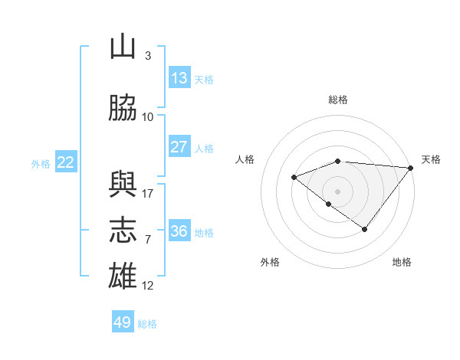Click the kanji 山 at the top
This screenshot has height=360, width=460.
click(123, 46)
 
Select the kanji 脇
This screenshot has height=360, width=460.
click(123, 107)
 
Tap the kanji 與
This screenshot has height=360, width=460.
click(123, 184)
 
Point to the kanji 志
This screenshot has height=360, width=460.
click(123, 230)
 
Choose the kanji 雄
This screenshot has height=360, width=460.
click(123, 276)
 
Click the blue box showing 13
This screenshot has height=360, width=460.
click(180, 77)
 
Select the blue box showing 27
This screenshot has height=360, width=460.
click(180, 146)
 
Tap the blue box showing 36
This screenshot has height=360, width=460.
click(180, 230)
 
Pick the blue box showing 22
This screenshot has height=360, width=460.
click(66, 162)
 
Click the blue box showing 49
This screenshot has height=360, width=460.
click(123, 321)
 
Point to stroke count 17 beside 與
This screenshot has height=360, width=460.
click(147, 194)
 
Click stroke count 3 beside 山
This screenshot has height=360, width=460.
click(148, 56)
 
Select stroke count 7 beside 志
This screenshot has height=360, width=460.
click(148, 240)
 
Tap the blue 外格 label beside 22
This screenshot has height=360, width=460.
click(41, 164)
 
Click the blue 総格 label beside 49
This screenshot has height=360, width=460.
click(147, 324)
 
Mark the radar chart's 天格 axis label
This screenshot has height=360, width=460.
click(431, 159)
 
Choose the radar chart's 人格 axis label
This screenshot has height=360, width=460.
click(245, 159)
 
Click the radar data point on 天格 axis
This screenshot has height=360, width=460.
click(411, 168)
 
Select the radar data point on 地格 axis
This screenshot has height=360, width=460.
click(365, 229)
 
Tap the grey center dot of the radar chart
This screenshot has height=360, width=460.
click(337, 191)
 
